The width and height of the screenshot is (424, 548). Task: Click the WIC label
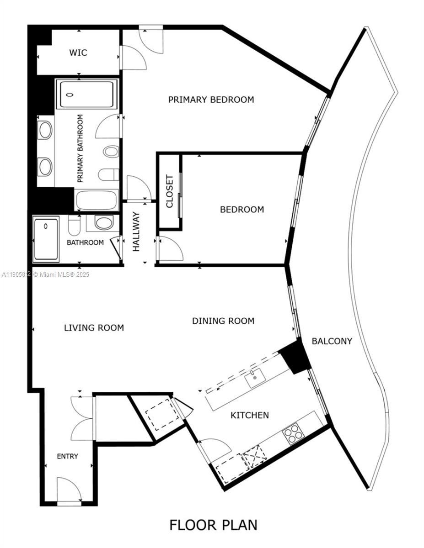pos(78,53)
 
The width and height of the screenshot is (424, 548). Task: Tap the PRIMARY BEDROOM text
pos(211,100)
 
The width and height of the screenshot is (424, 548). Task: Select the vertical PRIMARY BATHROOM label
pos(81,148)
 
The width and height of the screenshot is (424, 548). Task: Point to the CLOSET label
pos(169,191)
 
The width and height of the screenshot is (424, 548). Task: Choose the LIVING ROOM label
pos(94,327)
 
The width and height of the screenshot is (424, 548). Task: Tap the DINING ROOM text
pos(223,321)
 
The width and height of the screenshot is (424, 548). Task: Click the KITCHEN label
pos(249,415)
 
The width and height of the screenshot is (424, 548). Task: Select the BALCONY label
pos(332,341)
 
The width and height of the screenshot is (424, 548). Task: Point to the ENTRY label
pos(67,456)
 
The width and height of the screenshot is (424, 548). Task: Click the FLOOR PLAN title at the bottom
pos(213,525)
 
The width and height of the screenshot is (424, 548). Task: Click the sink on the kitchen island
pos(255,379)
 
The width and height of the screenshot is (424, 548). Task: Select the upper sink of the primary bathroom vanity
pos(45,131)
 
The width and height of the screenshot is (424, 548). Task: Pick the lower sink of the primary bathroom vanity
pos(45,167)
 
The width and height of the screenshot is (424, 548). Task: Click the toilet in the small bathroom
pos(74,224)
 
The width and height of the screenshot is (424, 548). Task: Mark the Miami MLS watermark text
pos(46,274)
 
